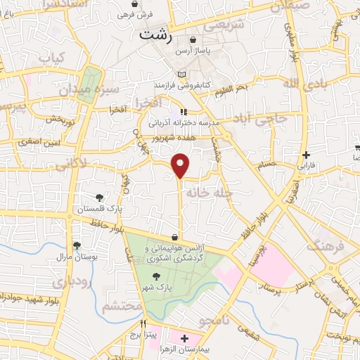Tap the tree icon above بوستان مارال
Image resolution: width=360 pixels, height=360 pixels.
(77, 245)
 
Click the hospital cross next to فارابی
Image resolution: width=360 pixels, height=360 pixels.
(305, 155)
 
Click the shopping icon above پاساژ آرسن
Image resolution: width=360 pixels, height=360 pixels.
(193, 41)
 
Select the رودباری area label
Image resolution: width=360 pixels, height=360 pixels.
(71, 283)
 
